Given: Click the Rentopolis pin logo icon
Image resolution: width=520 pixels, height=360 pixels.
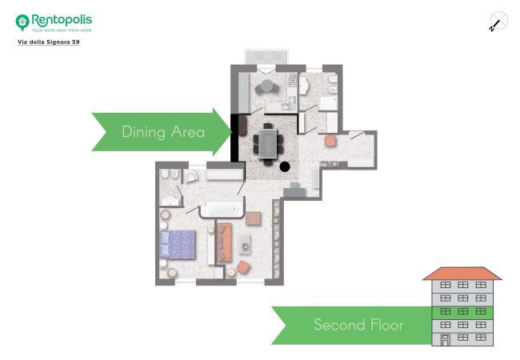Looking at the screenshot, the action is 22,22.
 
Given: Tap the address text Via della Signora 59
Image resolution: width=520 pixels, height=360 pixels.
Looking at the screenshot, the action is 49,42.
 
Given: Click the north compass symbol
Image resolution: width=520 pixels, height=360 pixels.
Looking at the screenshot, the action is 498,22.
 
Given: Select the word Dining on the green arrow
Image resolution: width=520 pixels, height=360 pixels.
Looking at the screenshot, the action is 143,132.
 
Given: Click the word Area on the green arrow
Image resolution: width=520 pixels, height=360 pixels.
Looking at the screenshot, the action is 188,132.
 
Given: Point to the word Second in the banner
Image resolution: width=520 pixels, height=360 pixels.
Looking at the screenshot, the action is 338,325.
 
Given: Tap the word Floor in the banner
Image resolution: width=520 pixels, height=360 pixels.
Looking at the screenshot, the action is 386,325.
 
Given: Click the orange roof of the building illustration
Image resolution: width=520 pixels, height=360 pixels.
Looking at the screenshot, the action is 462,274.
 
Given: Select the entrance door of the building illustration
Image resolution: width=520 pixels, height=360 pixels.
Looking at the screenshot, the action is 446,341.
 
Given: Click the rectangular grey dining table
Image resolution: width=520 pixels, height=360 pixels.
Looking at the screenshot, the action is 268,143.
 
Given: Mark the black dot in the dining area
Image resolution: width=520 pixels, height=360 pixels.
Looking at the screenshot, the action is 285,166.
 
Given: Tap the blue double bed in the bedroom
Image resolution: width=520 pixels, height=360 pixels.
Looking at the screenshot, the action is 178,245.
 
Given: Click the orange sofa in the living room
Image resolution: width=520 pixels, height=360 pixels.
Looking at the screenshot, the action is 224,242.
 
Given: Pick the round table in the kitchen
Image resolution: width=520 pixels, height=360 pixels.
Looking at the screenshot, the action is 266,86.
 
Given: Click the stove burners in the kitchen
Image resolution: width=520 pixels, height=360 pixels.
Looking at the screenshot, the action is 293,80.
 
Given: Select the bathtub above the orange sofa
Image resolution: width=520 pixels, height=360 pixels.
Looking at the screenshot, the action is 222,209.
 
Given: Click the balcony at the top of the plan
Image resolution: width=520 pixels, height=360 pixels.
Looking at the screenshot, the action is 266,57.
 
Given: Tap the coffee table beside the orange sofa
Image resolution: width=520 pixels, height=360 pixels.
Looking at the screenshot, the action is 245,244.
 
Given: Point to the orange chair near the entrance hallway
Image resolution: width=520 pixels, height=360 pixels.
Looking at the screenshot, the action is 330,141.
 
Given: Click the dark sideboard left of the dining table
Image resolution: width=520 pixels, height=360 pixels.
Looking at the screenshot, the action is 242,125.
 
